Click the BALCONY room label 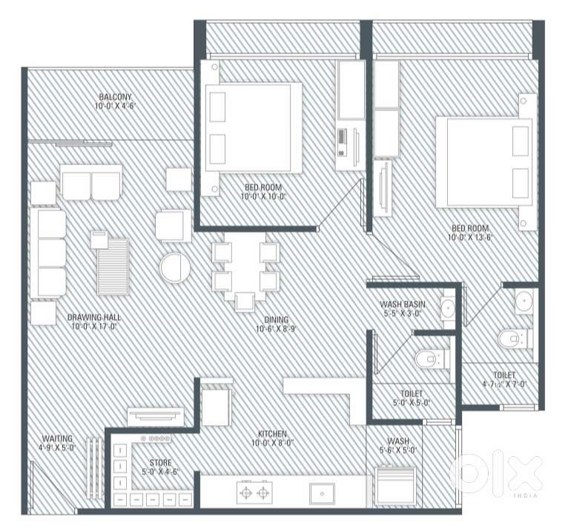[x=115, y=97]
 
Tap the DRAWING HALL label [x=94, y=317]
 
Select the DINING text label [x=277, y=320]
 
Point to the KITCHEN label [x=272, y=433]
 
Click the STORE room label [x=161, y=463]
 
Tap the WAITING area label [x=57, y=438]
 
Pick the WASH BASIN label [x=403, y=304]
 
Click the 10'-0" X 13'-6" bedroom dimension [x=470, y=238]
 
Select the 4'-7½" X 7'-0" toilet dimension [x=504, y=384]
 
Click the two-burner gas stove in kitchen [x=254, y=492]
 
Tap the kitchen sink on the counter [x=322, y=493]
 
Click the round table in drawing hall [x=175, y=267]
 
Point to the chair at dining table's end [x=245, y=302]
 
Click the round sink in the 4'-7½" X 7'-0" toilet [x=524, y=301]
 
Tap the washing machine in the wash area [x=395, y=485]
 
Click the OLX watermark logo [x=497, y=472]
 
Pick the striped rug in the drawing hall [x=113, y=267]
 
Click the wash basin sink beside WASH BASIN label [x=448, y=308]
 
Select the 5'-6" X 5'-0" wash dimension [x=398, y=450]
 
